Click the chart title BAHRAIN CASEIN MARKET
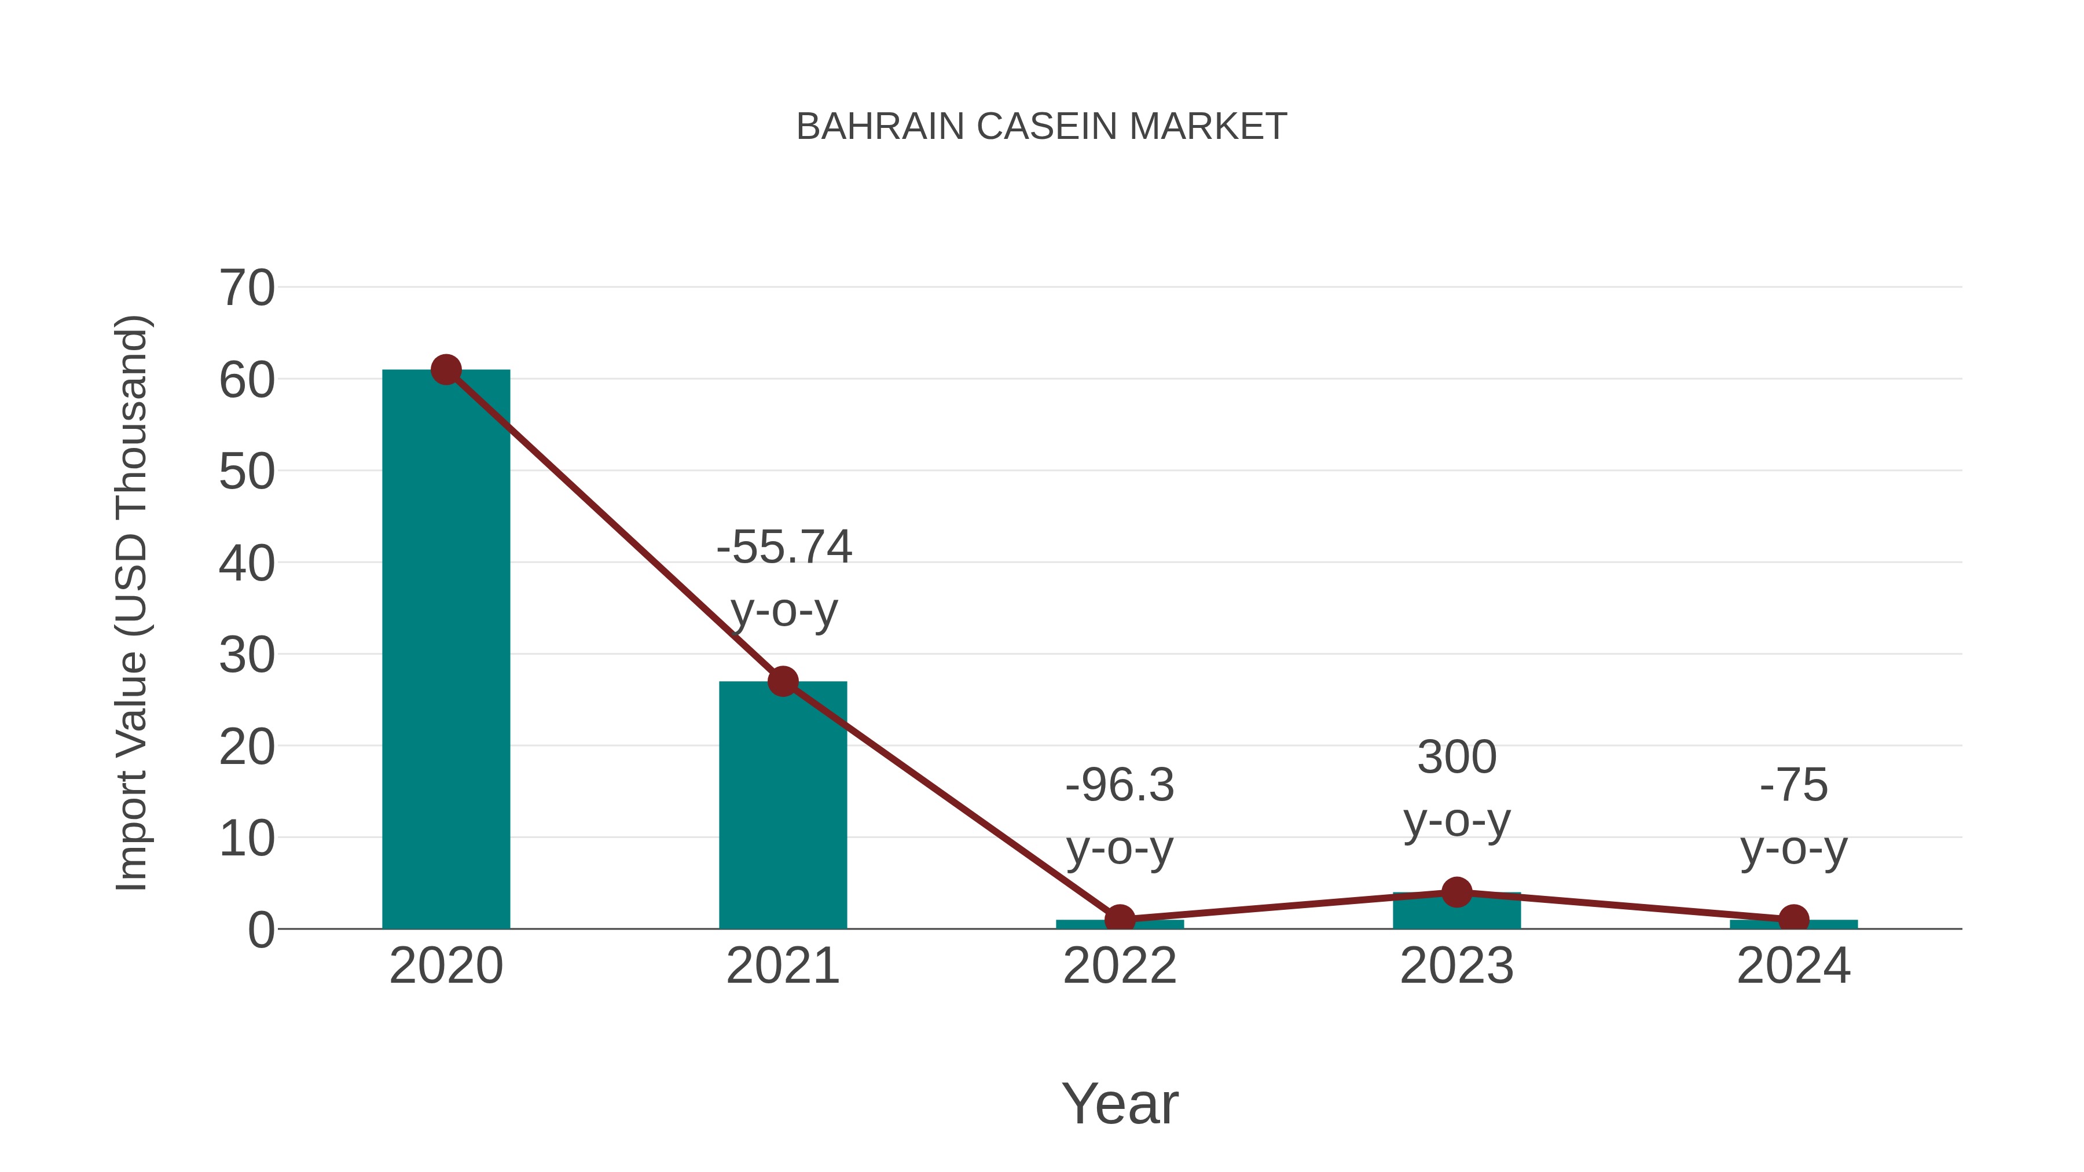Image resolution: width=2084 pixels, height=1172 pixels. (x=1041, y=127)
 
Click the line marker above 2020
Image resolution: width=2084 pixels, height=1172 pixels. (x=446, y=370)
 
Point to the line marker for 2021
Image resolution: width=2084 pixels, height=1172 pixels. (x=782, y=681)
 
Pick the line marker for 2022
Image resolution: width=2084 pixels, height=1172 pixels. (x=1120, y=919)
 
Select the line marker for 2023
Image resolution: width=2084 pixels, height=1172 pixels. (x=1456, y=892)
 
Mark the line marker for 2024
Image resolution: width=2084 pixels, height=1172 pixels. (x=1793, y=919)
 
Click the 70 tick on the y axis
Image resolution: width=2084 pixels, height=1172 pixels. (x=247, y=288)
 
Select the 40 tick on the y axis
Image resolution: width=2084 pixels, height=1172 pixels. (x=247, y=564)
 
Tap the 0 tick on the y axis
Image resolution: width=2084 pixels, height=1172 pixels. (x=260, y=930)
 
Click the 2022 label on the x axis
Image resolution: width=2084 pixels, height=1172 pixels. (x=1120, y=966)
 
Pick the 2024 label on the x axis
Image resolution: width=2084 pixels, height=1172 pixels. (x=1793, y=966)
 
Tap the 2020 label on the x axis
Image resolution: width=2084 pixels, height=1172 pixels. (x=446, y=966)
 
